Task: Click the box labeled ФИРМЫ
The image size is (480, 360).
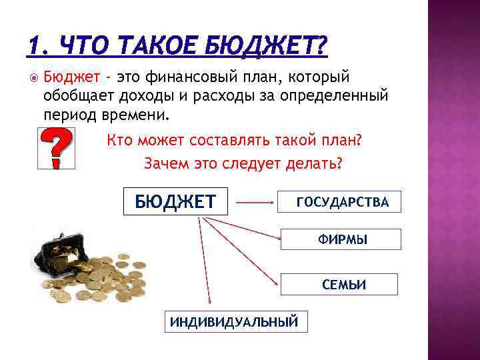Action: (341, 239)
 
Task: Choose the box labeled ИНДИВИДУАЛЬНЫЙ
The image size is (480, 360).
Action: (233, 322)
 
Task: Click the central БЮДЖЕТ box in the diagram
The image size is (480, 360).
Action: (175, 201)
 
